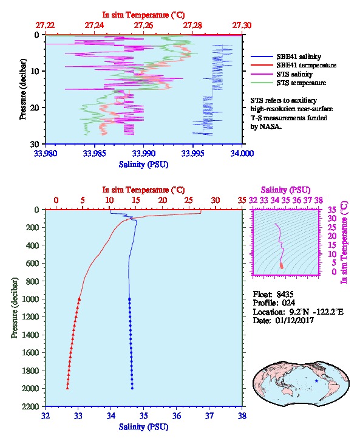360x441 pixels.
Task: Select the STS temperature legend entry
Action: (288, 83)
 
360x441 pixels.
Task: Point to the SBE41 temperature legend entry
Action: (293, 65)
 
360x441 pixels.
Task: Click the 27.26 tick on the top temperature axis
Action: (143, 26)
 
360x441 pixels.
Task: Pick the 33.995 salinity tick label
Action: (193, 153)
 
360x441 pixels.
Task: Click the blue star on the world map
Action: (316, 381)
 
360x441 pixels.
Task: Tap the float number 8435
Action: (285, 294)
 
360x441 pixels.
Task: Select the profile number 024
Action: (288, 303)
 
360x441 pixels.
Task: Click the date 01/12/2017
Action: (294, 320)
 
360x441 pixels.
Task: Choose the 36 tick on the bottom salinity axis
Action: (177, 415)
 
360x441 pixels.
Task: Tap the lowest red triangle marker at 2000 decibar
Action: (67, 388)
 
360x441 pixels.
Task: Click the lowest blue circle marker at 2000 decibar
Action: (132, 388)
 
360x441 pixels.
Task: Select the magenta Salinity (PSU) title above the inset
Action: (285, 190)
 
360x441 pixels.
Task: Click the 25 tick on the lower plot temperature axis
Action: (189, 200)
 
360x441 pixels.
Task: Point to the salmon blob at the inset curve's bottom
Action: (281, 265)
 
